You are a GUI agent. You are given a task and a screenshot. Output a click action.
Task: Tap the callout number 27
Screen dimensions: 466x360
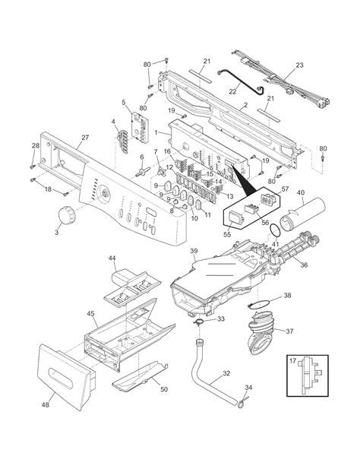pyautogui.click(x=84, y=138)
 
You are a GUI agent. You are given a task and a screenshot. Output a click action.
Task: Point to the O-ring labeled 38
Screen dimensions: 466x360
pyautogui.click(x=261, y=308)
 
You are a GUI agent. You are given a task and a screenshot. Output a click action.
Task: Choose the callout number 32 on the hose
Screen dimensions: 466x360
pyautogui.click(x=226, y=373)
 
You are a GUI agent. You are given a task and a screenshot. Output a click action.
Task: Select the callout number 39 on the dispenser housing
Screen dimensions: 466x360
pyautogui.click(x=193, y=251)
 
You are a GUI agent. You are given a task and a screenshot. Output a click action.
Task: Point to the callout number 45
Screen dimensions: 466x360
pyautogui.click(x=90, y=314)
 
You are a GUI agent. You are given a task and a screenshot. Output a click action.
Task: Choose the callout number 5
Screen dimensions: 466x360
pyautogui.click(x=124, y=102)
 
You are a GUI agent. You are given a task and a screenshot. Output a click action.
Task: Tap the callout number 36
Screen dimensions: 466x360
pyautogui.click(x=304, y=265)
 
